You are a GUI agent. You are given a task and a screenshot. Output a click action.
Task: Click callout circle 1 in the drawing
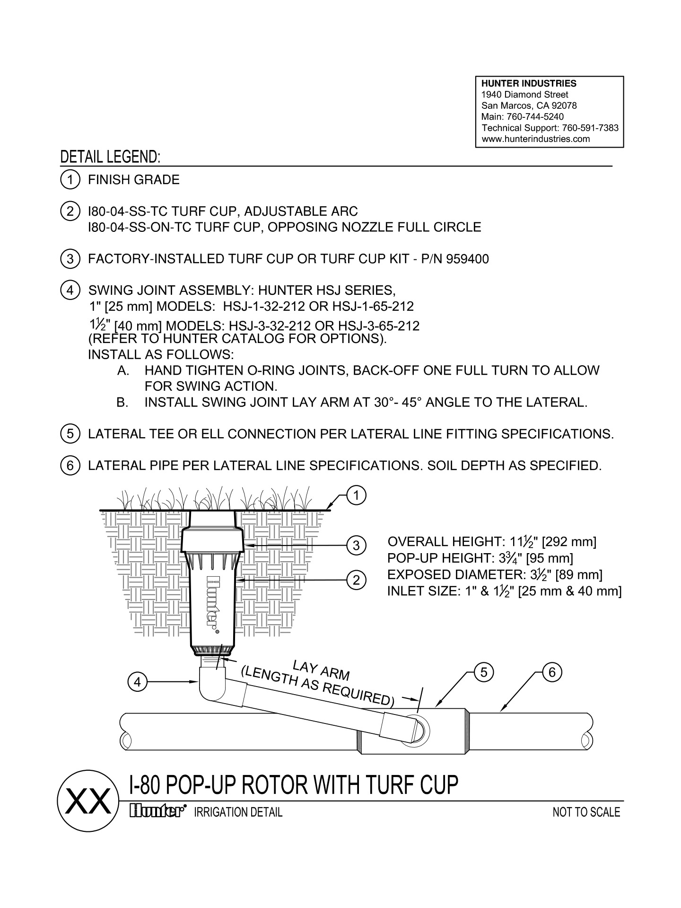356,496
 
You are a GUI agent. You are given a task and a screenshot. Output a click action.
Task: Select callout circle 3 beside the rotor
356,546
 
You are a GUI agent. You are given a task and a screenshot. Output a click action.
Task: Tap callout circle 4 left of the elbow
137,682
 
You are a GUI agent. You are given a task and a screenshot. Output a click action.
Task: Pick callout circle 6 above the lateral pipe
551,672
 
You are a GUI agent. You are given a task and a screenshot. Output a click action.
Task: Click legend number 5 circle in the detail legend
70,434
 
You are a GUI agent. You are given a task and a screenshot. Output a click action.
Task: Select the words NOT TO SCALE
586,812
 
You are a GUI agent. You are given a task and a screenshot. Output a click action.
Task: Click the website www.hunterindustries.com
535,139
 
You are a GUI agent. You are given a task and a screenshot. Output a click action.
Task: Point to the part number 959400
467,259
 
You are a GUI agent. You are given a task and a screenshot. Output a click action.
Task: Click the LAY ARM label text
321,670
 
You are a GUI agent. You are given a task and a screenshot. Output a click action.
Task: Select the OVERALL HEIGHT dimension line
492,542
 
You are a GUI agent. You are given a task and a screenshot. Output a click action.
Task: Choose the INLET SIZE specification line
504,591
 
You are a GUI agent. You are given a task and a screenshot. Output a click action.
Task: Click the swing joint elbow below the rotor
211,684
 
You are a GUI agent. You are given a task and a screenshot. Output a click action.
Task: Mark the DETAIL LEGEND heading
110,158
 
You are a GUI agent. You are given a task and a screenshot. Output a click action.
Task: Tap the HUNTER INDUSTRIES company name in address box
529,84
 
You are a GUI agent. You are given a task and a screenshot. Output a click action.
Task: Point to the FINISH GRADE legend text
134,180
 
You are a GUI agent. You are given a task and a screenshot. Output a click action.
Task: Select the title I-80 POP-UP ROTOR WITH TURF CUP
294,785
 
